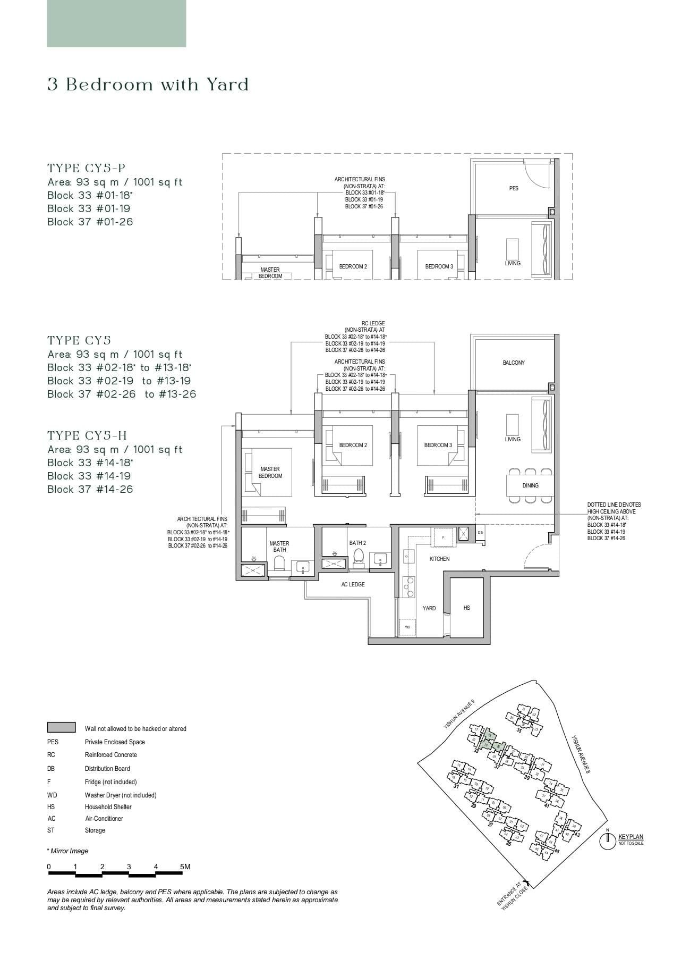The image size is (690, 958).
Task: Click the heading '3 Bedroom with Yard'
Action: [x=148, y=85]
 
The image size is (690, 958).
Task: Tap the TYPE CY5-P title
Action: [x=87, y=169]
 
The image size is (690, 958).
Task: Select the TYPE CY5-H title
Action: [x=87, y=436]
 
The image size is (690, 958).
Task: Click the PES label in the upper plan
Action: [x=514, y=188]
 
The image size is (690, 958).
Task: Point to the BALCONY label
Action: [x=514, y=363]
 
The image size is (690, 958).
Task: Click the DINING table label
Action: [x=530, y=485]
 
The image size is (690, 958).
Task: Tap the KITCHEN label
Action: [x=439, y=559]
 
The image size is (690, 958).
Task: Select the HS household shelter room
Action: [x=466, y=608]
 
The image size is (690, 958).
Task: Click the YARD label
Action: [x=429, y=608]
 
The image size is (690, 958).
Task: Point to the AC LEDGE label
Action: [x=353, y=584]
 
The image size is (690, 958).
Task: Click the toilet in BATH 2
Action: [x=358, y=556]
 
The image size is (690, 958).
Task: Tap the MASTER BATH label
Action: [x=279, y=547]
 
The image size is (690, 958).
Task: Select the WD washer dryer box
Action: [x=408, y=627]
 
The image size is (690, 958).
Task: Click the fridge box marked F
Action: [x=444, y=537]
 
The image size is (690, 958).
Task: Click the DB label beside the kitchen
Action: [x=480, y=532]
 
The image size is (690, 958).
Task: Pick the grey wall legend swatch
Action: [x=61, y=728]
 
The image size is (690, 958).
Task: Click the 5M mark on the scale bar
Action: [x=184, y=867]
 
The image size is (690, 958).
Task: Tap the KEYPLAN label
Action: [x=631, y=837]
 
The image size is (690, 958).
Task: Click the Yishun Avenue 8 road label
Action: [x=580, y=754]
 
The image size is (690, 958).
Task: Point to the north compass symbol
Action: [x=607, y=841]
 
